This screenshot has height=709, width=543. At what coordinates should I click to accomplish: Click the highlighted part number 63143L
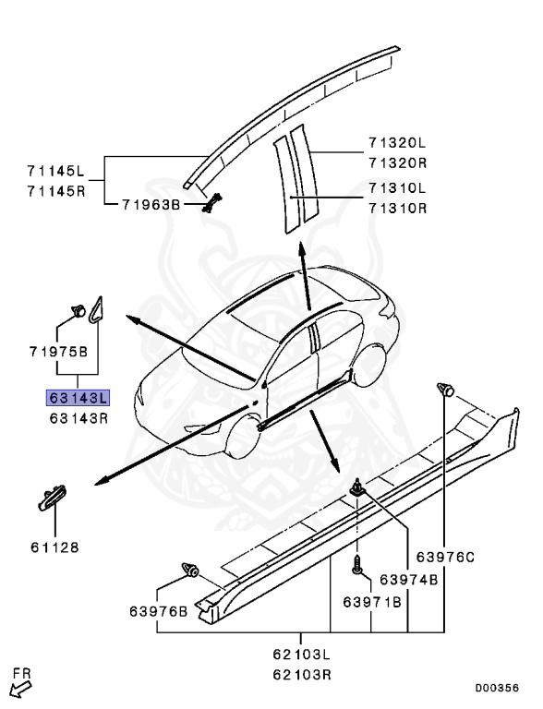click(x=78, y=399)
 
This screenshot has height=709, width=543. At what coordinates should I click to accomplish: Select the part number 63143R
click(x=78, y=417)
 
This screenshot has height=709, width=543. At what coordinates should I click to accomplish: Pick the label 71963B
click(x=151, y=204)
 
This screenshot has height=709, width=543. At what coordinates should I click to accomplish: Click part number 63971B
click(x=371, y=602)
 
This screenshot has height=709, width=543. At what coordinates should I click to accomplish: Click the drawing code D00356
click(x=497, y=688)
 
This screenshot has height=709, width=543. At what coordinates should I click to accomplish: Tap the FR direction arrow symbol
click(x=19, y=685)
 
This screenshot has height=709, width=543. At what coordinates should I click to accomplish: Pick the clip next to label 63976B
click(x=192, y=570)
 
